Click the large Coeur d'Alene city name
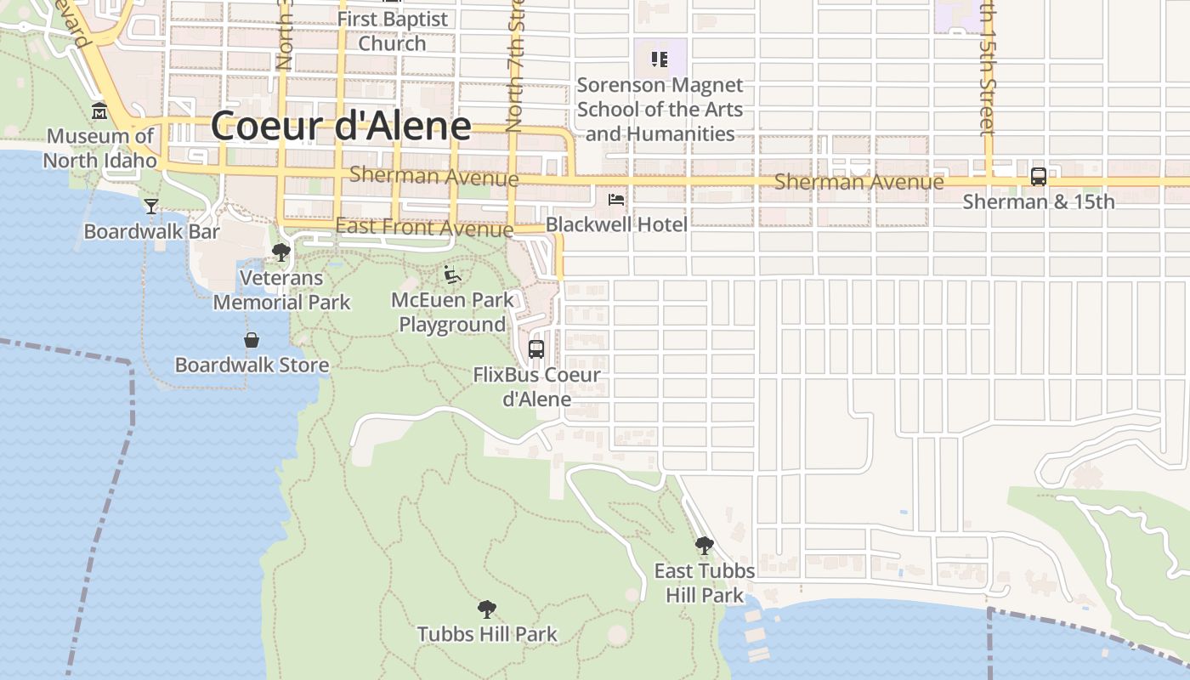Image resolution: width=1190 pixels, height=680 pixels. (340, 126)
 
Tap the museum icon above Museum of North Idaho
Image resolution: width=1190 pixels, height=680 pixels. (99, 111)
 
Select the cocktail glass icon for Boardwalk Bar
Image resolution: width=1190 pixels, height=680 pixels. (151, 206)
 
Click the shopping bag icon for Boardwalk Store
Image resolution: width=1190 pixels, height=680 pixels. (252, 340)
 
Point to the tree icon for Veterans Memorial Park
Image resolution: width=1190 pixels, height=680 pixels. (280, 252)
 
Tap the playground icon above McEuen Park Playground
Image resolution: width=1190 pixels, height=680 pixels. (452, 275)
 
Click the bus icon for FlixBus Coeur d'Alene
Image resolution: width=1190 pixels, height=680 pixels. (536, 348)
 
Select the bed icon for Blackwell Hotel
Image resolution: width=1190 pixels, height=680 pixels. (616, 200)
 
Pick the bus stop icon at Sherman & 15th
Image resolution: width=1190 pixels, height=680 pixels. (1038, 177)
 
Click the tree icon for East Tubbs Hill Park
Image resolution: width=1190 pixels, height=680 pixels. (704, 545)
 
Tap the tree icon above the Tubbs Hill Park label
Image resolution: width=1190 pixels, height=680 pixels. (487, 609)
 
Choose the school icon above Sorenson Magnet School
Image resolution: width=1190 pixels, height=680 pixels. (659, 59)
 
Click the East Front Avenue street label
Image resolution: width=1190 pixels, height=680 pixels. (424, 227)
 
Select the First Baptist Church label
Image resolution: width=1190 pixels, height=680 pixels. (392, 31)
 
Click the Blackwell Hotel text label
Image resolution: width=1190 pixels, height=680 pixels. (616, 224)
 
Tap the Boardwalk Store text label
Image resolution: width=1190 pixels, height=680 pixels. (252, 365)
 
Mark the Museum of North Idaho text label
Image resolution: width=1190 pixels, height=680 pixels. (100, 148)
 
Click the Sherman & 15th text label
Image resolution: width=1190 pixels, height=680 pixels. (1038, 202)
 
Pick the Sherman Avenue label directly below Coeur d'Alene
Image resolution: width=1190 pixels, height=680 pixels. (433, 177)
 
